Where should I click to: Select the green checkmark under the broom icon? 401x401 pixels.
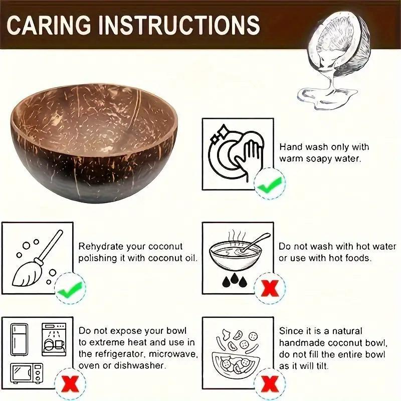pyautogui.click(x=70, y=289)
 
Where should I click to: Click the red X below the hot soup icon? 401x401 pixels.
pyautogui.click(x=270, y=288)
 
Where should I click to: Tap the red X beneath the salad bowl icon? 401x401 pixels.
pyautogui.click(x=270, y=385)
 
